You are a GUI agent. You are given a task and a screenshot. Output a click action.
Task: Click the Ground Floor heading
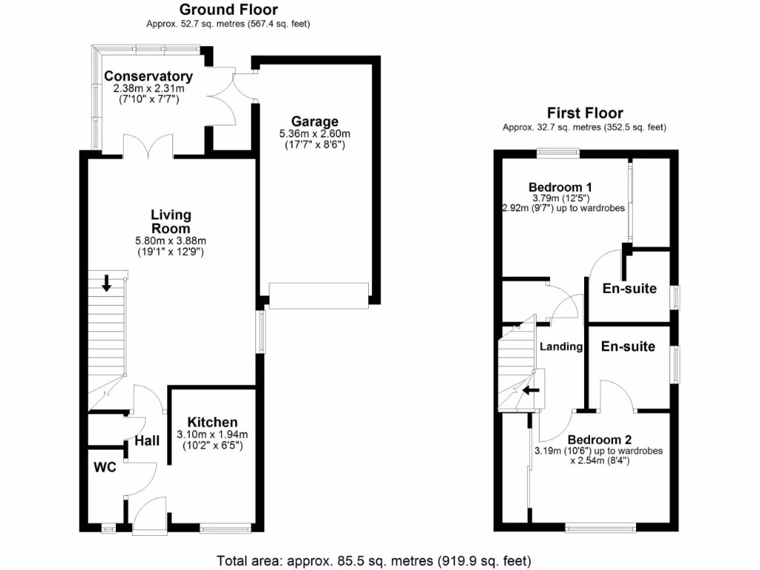point(228,10)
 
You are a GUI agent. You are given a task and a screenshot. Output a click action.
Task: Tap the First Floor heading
point(584,113)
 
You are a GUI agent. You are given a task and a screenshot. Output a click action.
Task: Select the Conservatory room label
point(148,76)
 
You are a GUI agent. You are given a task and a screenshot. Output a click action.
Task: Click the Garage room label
point(315,122)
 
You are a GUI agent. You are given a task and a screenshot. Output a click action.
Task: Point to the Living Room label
point(171,221)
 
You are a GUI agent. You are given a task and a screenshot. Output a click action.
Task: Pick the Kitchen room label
point(212,422)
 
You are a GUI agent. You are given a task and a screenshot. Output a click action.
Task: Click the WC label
point(105,468)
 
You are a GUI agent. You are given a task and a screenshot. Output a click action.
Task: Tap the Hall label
point(147,441)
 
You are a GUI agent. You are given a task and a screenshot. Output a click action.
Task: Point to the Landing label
point(561,347)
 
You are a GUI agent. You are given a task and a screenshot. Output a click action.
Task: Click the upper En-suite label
point(629,289)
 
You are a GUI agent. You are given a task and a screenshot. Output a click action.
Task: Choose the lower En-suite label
point(628,347)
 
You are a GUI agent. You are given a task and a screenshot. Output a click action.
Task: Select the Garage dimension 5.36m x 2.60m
point(315,134)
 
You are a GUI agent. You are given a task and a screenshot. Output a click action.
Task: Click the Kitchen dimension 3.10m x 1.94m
point(212,434)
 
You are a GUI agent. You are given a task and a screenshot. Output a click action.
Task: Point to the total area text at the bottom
point(373,560)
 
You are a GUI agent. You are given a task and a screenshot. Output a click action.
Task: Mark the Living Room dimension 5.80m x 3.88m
point(171,240)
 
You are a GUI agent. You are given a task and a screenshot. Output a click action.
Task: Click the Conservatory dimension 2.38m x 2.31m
point(148,88)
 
